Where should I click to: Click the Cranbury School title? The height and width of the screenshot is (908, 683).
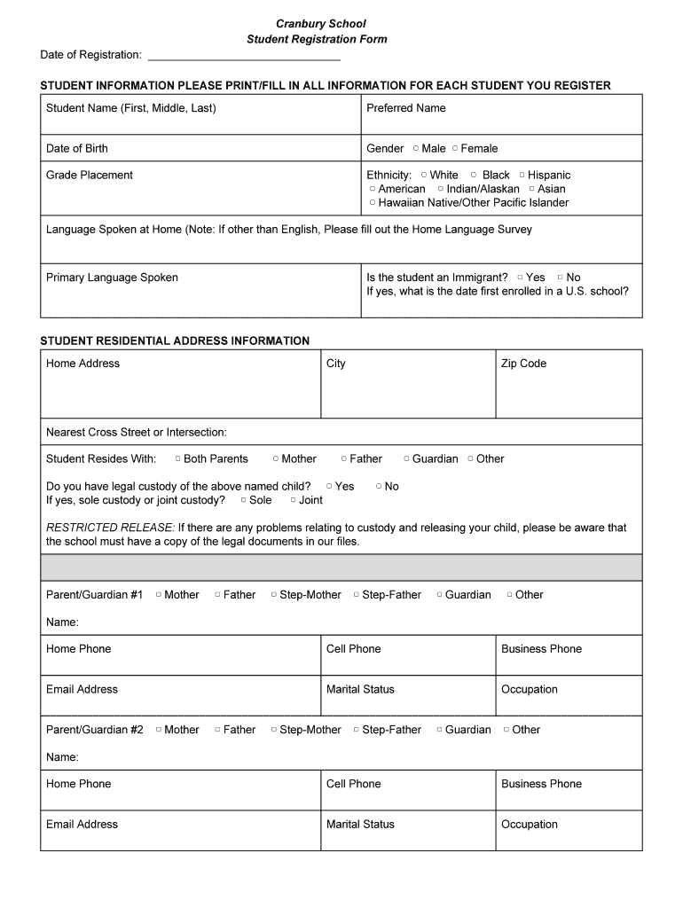(320, 24)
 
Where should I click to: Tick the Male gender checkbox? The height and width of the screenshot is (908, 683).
(415, 149)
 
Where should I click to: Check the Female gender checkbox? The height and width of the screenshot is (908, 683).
(455, 149)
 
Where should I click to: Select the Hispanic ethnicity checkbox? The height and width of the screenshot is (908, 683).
(522, 176)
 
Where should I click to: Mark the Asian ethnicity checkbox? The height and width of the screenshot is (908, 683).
(531, 189)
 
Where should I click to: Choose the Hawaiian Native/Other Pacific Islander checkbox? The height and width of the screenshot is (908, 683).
(373, 203)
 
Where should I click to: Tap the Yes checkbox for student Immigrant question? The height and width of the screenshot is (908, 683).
(520, 278)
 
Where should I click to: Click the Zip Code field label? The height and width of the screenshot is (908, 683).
(523, 364)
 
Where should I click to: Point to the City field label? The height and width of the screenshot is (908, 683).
(336, 364)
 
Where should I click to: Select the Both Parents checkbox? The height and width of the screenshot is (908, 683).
(177, 459)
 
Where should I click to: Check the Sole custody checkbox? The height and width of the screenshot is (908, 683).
(243, 500)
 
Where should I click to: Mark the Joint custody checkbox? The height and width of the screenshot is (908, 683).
(293, 500)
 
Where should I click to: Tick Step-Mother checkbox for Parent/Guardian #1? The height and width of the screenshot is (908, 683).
(274, 595)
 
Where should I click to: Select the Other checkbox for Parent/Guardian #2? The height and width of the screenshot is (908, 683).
(506, 730)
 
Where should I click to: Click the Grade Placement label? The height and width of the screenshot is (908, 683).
(90, 176)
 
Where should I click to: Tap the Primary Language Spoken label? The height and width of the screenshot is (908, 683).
(112, 278)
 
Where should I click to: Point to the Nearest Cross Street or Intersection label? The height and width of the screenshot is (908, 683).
(137, 433)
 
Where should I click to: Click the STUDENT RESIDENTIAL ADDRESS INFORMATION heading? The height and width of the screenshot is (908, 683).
(175, 341)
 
